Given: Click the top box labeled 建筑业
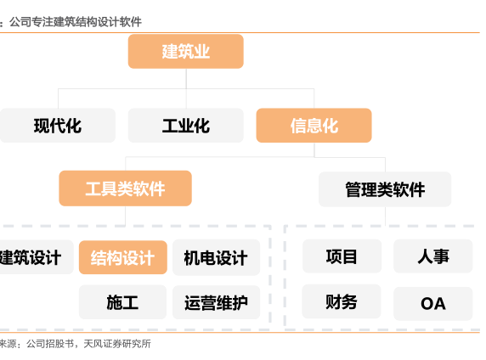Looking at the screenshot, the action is point(186,52).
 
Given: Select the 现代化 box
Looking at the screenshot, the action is point(58,126).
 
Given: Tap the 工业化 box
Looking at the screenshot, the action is point(186,126).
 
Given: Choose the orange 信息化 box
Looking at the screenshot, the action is point(314,126).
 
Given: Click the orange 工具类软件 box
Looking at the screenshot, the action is point(125,188).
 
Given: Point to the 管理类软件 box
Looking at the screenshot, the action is point(385,189).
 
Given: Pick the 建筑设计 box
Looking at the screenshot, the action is point(37,257).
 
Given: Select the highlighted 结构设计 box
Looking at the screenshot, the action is point(123,257).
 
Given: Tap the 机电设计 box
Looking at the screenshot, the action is point(216,257).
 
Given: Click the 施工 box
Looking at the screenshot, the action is point(122,302).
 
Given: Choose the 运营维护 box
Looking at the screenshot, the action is point(216,302).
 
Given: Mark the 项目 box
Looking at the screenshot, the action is point(342,256).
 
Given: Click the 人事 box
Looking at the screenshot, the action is point(433,256).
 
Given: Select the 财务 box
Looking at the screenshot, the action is point(342,301).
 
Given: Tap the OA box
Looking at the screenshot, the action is point(433,304).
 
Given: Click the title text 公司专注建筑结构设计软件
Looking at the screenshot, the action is point(76,22).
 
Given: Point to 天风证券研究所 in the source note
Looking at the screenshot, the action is point(117,344).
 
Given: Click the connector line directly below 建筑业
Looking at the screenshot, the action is point(186,79).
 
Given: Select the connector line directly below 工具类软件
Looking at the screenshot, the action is point(125,216).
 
